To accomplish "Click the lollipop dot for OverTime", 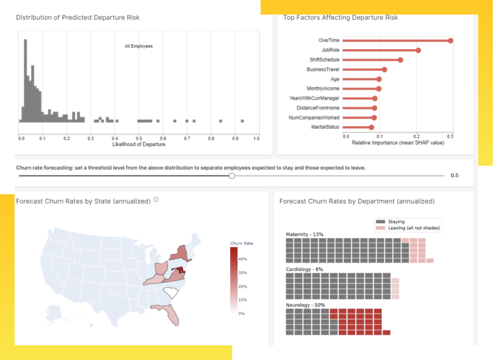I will [450, 40].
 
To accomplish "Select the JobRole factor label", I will [330, 50].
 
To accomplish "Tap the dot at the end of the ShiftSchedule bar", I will [400, 60].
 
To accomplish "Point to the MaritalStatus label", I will [325, 127].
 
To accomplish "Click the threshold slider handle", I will [231, 176].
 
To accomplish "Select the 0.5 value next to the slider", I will [454, 176].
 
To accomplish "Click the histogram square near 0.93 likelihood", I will [242, 121].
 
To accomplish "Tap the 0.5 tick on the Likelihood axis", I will [139, 138].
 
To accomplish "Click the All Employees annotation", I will [139, 46].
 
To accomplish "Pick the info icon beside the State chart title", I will [156, 200].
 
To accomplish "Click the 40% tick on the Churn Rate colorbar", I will [242, 259].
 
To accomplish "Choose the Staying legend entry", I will [396, 222].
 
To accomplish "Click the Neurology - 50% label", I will [305, 305].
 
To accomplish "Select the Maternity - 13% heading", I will [304, 234].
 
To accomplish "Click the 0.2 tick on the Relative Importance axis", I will [416, 136].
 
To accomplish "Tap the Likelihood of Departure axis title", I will [139, 145].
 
